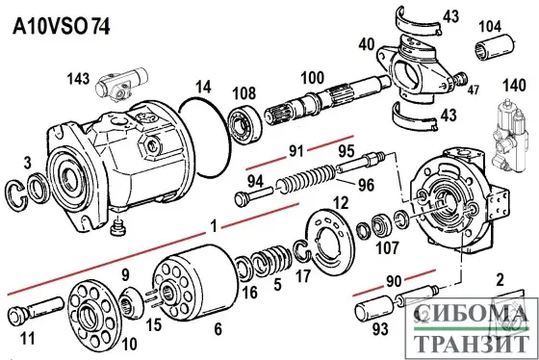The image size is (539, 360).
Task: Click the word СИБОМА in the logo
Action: click(469, 317)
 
